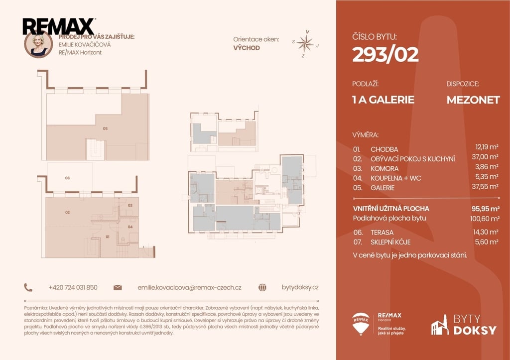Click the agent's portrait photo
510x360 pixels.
point(38,44)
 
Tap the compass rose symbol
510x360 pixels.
point(305,44)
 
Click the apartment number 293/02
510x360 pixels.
point(385,54)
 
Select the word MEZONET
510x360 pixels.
point(473,100)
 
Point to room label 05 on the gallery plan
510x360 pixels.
point(105,128)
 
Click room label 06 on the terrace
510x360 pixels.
point(67,178)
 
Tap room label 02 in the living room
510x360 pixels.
point(67,212)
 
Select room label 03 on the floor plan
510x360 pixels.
point(130,205)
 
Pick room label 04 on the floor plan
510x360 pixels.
point(130,227)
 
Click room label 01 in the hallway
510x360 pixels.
point(108,237)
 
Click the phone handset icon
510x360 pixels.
point(28,287)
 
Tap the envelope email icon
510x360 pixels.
point(118,287)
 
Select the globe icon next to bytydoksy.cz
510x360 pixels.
point(262,287)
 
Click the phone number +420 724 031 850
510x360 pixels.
point(73,287)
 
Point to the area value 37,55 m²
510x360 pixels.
point(485,187)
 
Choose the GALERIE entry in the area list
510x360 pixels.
point(382,188)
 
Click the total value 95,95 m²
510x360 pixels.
point(486,209)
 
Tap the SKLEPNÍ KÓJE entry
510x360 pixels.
point(390,242)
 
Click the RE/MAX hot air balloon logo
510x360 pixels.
point(361,324)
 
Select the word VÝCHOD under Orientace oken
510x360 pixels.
point(247,48)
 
